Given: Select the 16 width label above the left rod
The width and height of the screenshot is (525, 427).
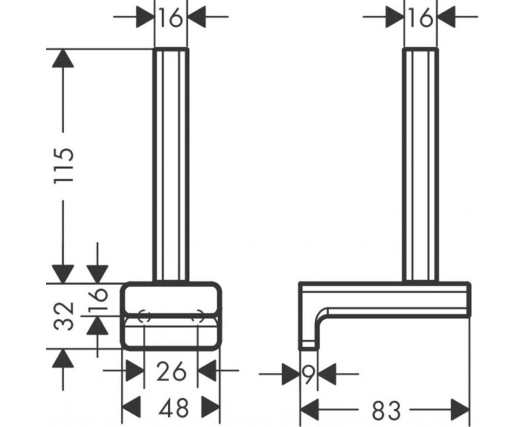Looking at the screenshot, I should click(x=171, y=18).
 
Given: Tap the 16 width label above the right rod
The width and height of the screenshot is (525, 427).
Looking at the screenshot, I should click(x=420, y=18).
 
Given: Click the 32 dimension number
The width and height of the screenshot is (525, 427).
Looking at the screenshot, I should click(x=64, y=316).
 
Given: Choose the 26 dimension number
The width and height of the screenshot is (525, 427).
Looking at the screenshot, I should click(x=171, y=372).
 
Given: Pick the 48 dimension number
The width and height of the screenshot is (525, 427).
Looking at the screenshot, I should click(x=172, y=409).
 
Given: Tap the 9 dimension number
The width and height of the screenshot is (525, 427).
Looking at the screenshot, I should click(x=308, y=375).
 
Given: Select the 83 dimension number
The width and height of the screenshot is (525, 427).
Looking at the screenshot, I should click(x=386, y=411).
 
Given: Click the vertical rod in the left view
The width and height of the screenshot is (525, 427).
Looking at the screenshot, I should click(x=171, y=164).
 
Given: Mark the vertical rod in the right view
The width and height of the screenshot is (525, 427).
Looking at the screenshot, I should click(x=420, y=164).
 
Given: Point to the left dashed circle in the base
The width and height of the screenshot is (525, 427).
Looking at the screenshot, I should click(x=146, y=316).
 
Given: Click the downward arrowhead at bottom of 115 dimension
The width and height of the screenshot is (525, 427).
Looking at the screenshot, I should click(x=64, y=272).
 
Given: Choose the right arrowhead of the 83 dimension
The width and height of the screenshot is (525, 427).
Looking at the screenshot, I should click(x=461, y=411).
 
